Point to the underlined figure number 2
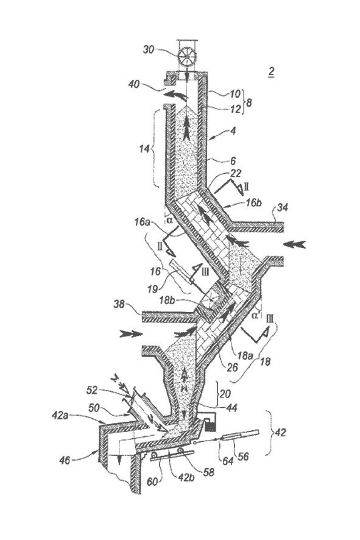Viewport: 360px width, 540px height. coord(271,73)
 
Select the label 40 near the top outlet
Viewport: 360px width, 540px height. coord(134,84)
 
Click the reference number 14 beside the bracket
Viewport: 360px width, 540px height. coord(144,149)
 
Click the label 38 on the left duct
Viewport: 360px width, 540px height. coord(121,304)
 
